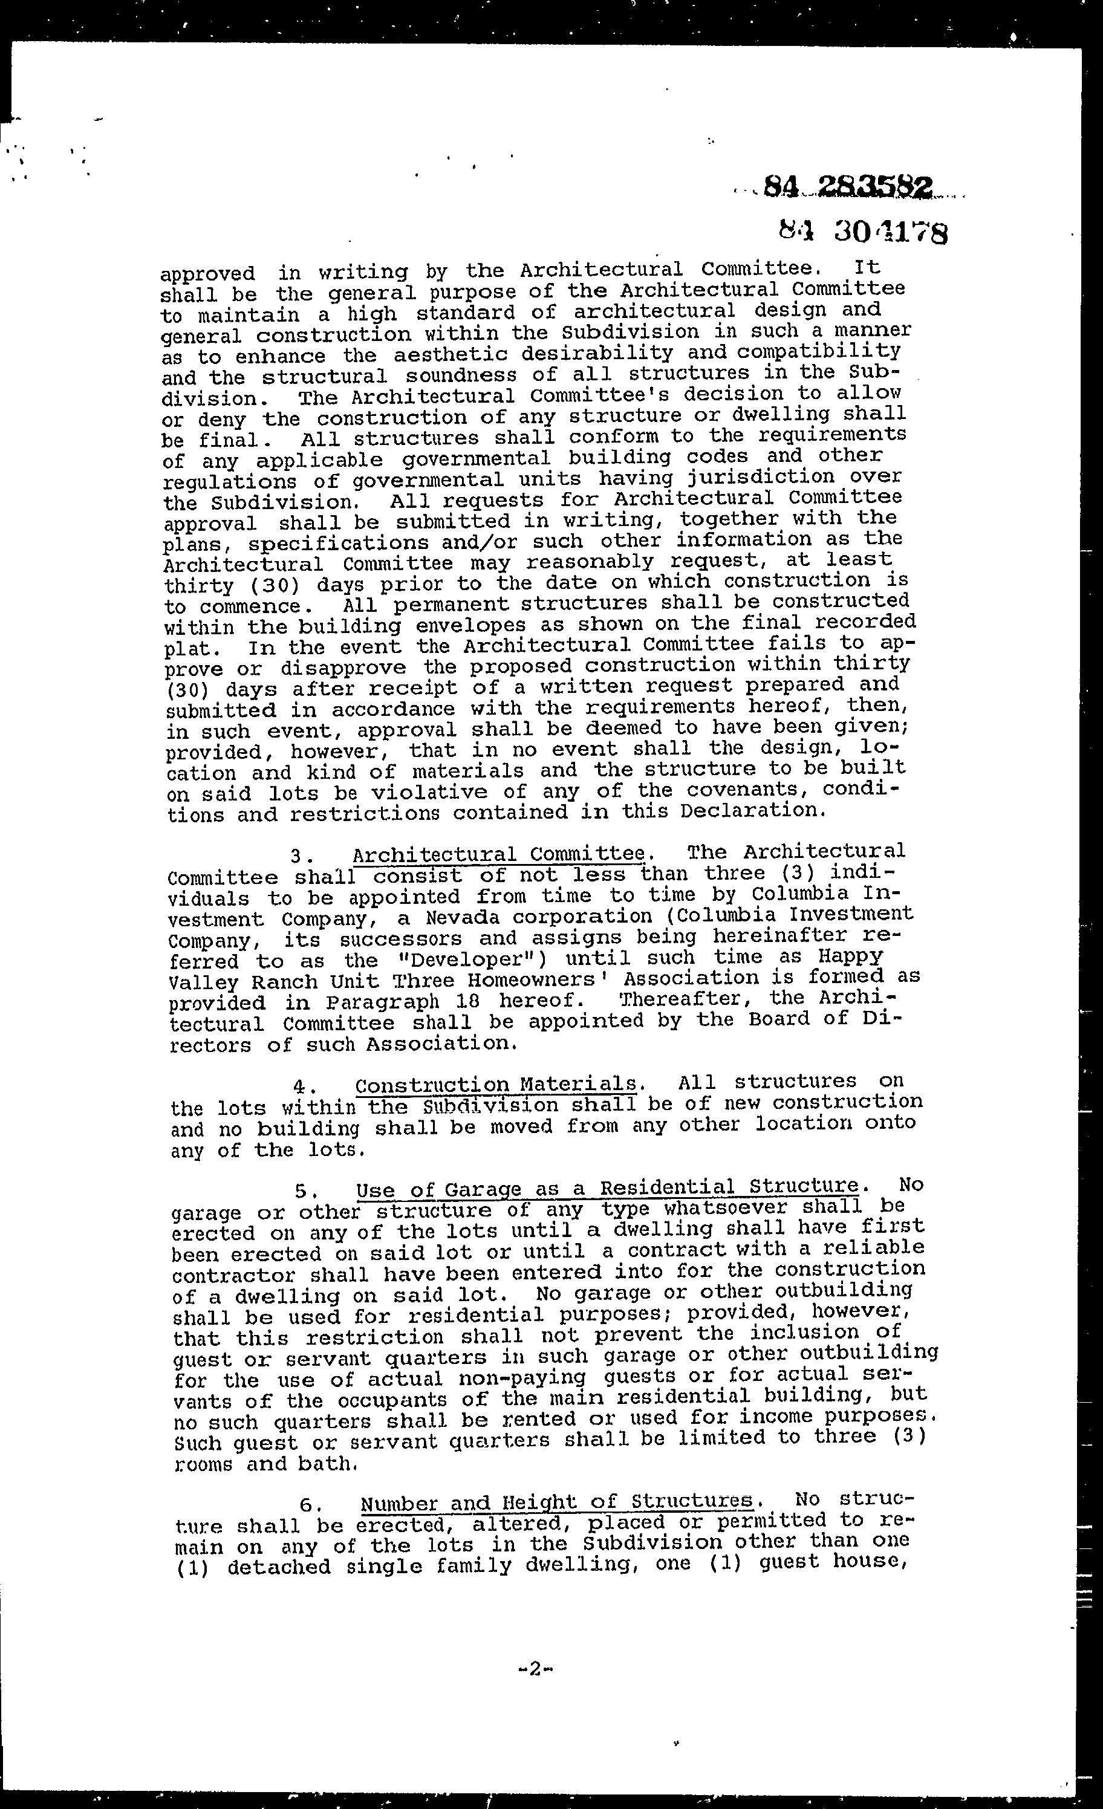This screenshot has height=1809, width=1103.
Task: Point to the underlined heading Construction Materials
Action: (496, 1085)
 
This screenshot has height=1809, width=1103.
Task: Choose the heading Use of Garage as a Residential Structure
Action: (607, 1187)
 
